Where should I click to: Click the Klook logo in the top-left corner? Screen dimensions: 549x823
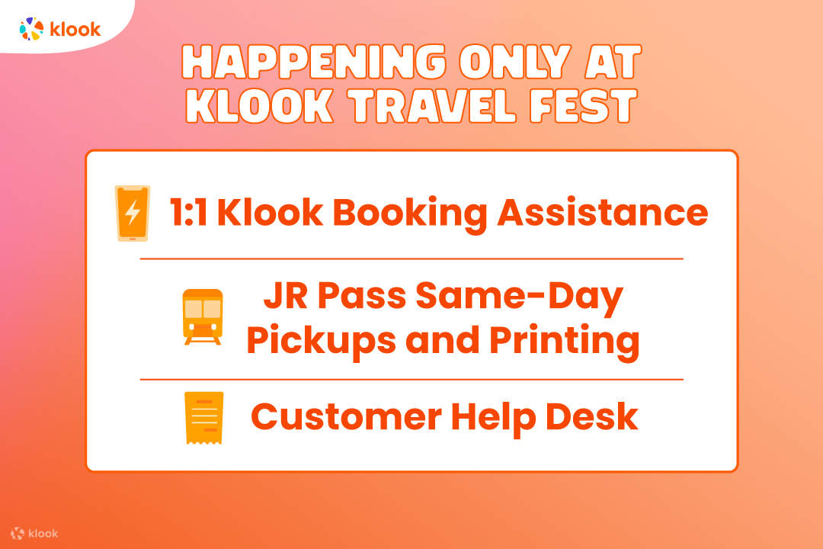tap(60, 29)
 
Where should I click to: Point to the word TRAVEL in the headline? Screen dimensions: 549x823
tap(444, 106)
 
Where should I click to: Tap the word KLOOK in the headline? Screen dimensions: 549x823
tap(259, 106)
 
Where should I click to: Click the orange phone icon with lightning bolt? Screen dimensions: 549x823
tap(133, 213)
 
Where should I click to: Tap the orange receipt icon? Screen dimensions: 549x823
tap(203, 417)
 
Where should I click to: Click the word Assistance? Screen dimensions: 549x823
tap(603, 213)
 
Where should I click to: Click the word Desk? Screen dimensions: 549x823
tap(594, 416)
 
